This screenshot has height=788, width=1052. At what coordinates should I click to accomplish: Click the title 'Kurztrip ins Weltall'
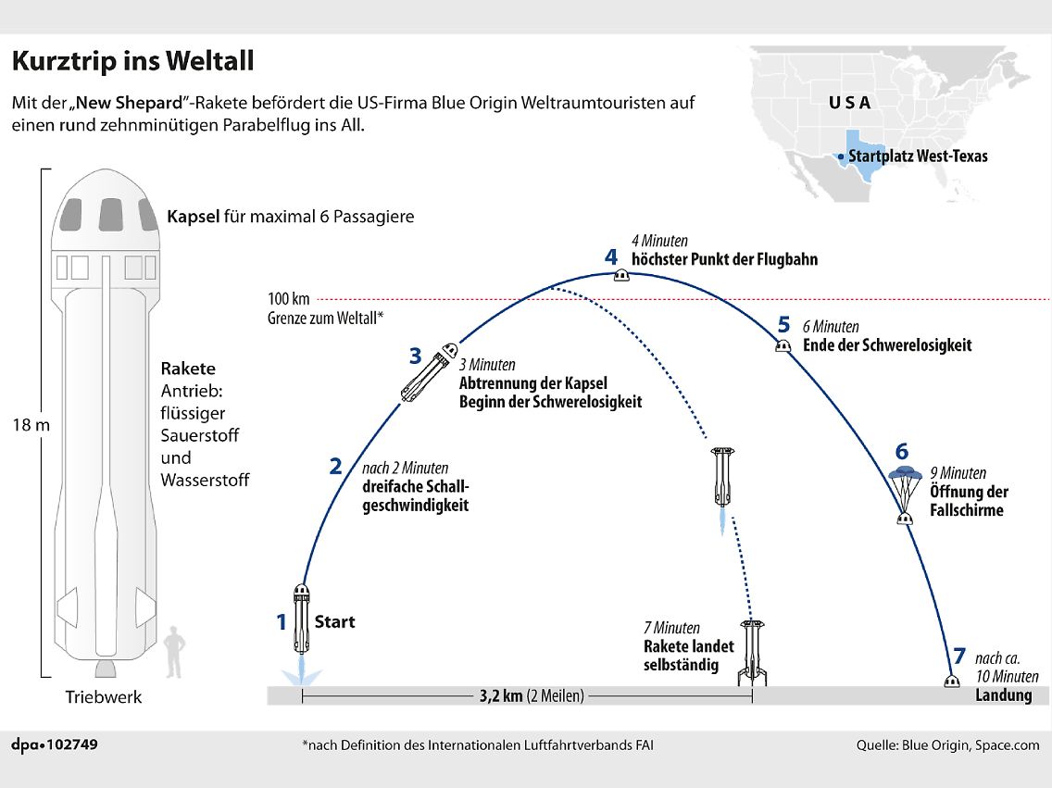tap(132, 62)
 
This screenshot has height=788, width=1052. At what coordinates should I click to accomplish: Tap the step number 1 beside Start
tap(282, 622)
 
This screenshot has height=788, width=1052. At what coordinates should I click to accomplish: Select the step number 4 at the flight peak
tap(611, 256)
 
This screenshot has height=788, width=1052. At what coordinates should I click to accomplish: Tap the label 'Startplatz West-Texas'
tap(918, 156)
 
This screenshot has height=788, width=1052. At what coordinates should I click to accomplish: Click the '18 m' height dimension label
tap(31, 426)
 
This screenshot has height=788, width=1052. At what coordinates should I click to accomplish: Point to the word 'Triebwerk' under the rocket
tap(104, 697)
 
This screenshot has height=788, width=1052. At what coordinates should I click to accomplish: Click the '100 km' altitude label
tap(289, 299)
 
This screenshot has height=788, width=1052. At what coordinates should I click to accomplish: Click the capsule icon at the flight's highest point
tap(623, 276)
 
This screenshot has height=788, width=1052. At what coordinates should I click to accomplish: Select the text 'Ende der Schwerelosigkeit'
tap(887, 345)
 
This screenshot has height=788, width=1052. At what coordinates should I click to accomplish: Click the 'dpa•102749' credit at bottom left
tap(55, 744)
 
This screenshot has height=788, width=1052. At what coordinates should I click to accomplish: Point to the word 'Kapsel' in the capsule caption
tap(193, 217)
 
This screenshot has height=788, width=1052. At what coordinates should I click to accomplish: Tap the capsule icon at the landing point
tap(951, 682)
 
